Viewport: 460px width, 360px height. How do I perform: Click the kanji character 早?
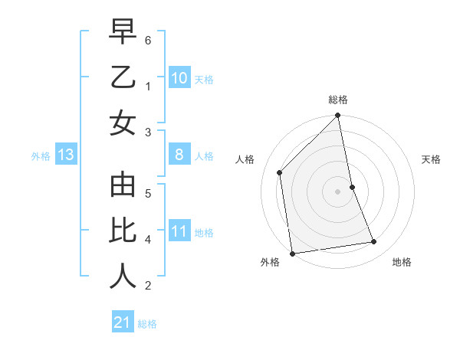coord(123,33)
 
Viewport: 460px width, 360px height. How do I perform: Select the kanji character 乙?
coord(123,77)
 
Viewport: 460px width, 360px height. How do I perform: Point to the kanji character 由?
coord(123,185)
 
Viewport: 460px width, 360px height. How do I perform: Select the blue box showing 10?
coord(179,78)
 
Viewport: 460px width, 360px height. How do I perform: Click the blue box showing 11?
coord(179,231)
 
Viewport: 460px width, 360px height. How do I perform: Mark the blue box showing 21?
coord(123,322)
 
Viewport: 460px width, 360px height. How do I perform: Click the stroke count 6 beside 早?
coord(148,40)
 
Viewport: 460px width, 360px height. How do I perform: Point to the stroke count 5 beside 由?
coord(148,192)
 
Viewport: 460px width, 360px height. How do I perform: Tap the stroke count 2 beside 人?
coord(148,286)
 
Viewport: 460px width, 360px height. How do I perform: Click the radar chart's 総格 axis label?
coord(338,100)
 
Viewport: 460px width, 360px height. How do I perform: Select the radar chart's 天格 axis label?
coord(432,159)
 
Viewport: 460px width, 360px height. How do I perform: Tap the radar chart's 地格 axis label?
coord(402,262)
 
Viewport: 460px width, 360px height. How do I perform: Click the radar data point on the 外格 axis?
coord(292,254)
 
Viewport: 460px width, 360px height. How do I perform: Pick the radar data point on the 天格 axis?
coord(352,187)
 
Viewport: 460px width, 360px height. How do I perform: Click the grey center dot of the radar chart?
coord(338,191)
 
